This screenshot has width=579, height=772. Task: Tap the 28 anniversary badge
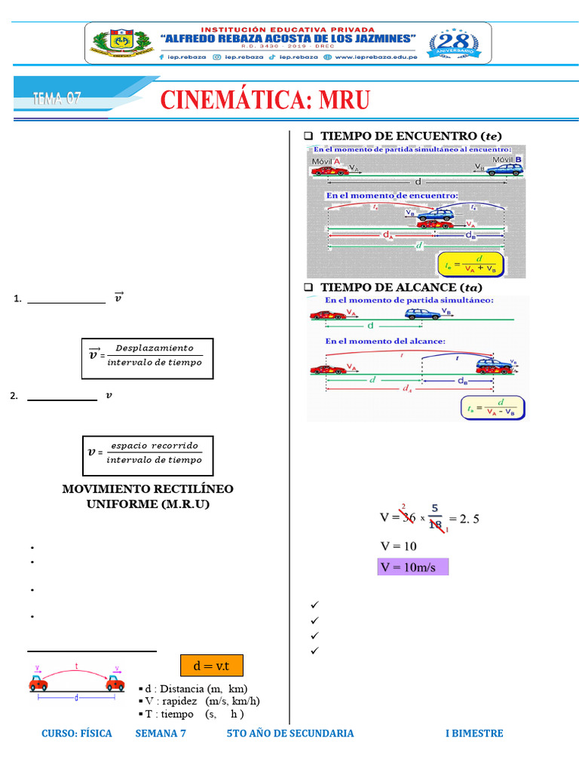pyautogui.click(x=452, y=42)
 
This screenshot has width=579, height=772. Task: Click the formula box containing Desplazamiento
pyautogui.click(x=147, y=355)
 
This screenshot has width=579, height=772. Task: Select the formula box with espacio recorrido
pyautogui.click(x=148, y=452)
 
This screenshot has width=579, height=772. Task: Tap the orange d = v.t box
pyautogui.click(x=211, y=666)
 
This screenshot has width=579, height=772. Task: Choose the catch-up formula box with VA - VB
pyautogui.click(x=492, y=408)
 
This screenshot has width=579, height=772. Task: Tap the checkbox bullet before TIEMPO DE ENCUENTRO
pyautogui.click(x=308, y=136)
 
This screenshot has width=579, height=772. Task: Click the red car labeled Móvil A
pyautogui.click(x=330, y=170)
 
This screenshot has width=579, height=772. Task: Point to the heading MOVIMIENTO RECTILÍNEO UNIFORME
pyautogui.click(x=148, y=496)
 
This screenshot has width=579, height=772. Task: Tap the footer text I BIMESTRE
pyautogui.click(x=473, y=733)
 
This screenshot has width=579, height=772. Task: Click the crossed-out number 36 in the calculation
pyautogui.click(x=409, y=517)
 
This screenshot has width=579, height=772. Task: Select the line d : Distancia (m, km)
pyautogui.click(x=193, y=689)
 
